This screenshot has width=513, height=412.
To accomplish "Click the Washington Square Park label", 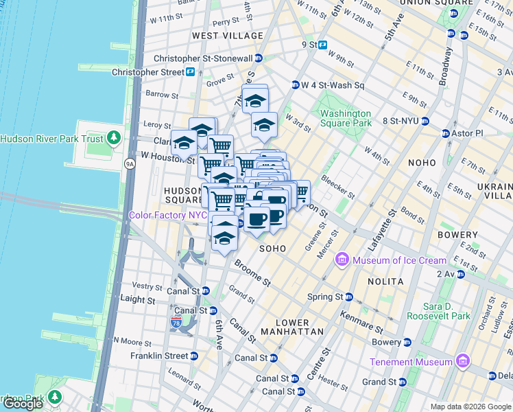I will pos(345,118).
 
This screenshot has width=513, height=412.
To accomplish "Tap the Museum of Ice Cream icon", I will pos(342,260).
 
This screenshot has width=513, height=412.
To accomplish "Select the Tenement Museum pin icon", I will pos(462,361).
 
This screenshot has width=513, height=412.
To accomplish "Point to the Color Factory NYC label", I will pos(168,215).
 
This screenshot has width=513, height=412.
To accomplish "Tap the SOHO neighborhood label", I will pos(272,247).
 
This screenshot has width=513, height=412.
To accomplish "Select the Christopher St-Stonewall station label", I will pos(203,58).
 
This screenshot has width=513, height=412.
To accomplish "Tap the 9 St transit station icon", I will pos(322,45).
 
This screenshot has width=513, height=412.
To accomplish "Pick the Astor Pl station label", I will pos(466,133).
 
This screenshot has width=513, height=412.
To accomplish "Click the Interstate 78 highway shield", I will pos(176,321).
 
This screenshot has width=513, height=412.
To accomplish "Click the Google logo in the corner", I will pos(23,404).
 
